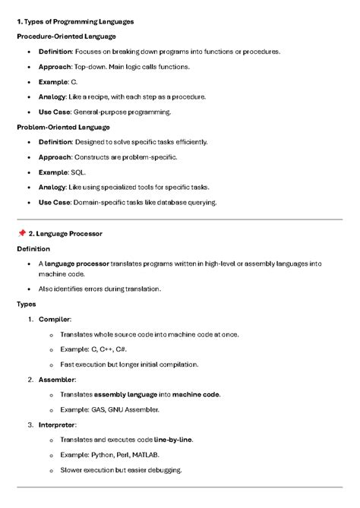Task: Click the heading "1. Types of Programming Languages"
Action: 74,21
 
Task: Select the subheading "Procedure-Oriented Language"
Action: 65,36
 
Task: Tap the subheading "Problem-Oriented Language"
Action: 63,127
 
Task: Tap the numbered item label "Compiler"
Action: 56,319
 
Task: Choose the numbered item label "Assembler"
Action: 58,379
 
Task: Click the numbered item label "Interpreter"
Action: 59,424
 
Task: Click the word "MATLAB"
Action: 145,455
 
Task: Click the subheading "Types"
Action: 27,304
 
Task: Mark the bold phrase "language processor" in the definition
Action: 77,263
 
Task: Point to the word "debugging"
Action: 163,470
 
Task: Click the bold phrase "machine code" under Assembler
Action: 196,394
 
